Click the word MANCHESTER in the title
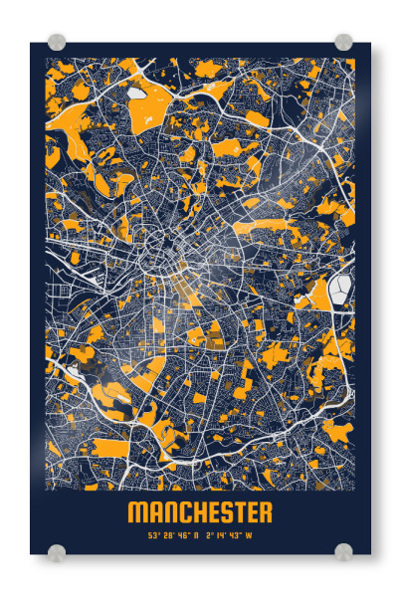pyautogui.click(x=200, y=512)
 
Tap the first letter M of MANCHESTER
pyautogui.click(x=136, y=512)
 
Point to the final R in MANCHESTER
pyautogui.click(x=264, y=512)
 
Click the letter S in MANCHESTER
pyautogui.click(x=223, y=512)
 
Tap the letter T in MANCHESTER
pyautogui.click(x=236, y=512)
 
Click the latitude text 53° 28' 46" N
pyautogui.click(x=173, y=535)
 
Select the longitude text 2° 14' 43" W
pyautogui.click(x=229, y=535)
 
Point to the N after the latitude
pyautogui.click(x=195, y=535)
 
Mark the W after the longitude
pyautogui.click(x=249, y=535)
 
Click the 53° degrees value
pyautogui.click(x=154, y=535)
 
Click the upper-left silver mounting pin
pyautogui.click(x=57, y=42)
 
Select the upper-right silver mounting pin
pyautogui.click(x=343, y=42)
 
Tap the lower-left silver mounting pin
pyautogui.click(x=57, y=551)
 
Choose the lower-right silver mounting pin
pyautogui.click(x=343, y=551)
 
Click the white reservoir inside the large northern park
pyautogui.click(x=136, y=94)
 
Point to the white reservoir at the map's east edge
pyautogui.click(x=341, y=288)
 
